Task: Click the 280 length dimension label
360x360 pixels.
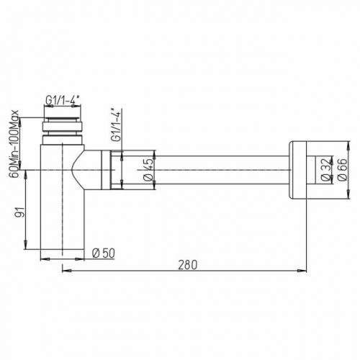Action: pyautogui.click(x=188, y=264)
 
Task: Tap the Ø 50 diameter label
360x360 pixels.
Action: pyautogui.click(x=104, y=253)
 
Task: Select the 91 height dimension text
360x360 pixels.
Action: pyautogui.click(x=20, y=212)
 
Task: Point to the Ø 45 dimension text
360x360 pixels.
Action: pyautogui.click(x=149, y=170)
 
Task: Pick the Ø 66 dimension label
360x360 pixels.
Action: pyautogui.click(x=342, y=170)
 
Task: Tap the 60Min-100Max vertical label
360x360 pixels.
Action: pyautogui.click(x=14, y=143)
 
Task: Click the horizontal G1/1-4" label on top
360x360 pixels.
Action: pyautogui.click(x=63, y=101)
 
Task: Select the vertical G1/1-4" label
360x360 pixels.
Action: pyautogui.click(x=115, y=125)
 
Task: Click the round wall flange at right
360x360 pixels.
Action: pyautogui.click(x=298, y=170)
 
